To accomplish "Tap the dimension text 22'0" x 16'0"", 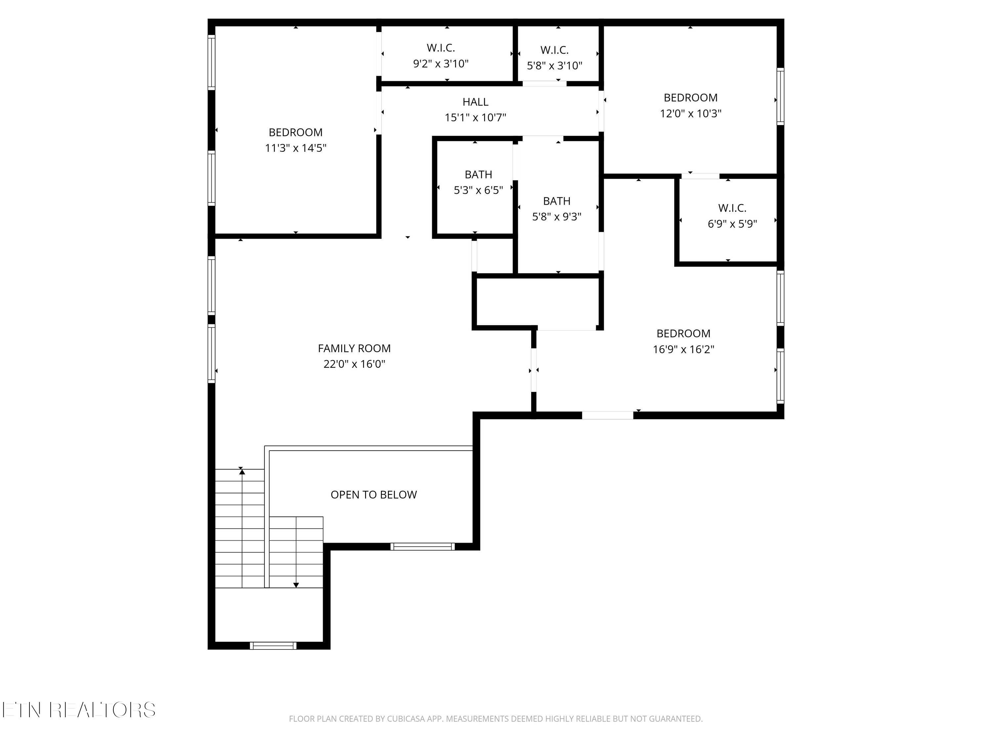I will (x=354, y=364).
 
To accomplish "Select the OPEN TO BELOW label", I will (x=374, y=494).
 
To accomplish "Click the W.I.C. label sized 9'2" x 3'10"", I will (x=440, y=48).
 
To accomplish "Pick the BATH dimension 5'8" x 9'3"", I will (x=556, y=217).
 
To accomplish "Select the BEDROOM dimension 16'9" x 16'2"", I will (x=683, y=350).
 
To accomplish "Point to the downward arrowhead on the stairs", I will (x=296, y=585).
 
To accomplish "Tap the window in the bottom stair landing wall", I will (x=273, y=646).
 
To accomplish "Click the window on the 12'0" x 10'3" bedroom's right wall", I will (x=780, y=97).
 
